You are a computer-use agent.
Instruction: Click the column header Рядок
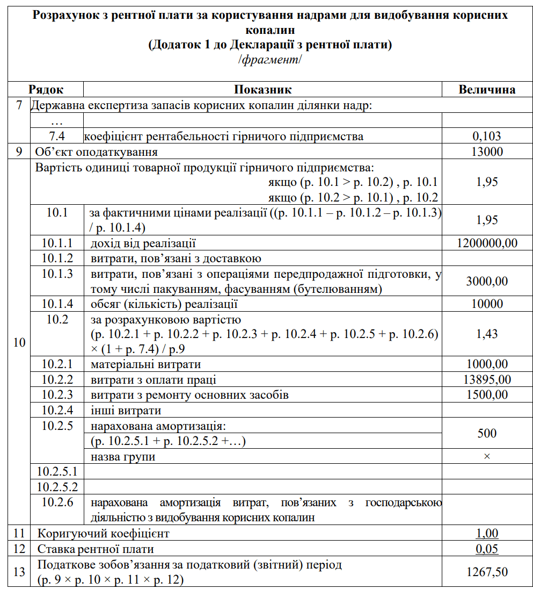(46, 89)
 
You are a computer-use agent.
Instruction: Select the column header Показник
(262, 89)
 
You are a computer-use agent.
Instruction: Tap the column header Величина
(487, 89)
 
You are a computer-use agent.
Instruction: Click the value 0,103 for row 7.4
(487, 137)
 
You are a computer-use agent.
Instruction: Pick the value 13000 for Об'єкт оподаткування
(487, 152)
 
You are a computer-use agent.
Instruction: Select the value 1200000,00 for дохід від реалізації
(487, 243)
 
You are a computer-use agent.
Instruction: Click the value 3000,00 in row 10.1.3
(487, 281)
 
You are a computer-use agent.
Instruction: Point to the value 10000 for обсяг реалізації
(487, 304)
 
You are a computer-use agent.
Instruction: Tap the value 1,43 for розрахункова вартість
(487, 334)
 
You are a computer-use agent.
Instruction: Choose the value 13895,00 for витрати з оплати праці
(487, 380)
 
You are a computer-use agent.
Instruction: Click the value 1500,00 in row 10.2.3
(487, 395)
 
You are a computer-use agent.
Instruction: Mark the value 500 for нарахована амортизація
(487, 433)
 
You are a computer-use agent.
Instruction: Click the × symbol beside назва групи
(487, 456)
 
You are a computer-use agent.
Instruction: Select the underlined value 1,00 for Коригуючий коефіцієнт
(487, 534)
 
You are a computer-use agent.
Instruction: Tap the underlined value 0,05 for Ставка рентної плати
(487, 549)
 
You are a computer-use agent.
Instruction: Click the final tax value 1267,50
(487, 572)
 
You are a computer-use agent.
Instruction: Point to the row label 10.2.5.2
(57, 487)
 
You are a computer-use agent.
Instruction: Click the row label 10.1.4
(57, 304)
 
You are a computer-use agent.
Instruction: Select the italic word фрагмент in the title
(270, 59)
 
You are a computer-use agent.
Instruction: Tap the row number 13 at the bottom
(19, 572)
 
